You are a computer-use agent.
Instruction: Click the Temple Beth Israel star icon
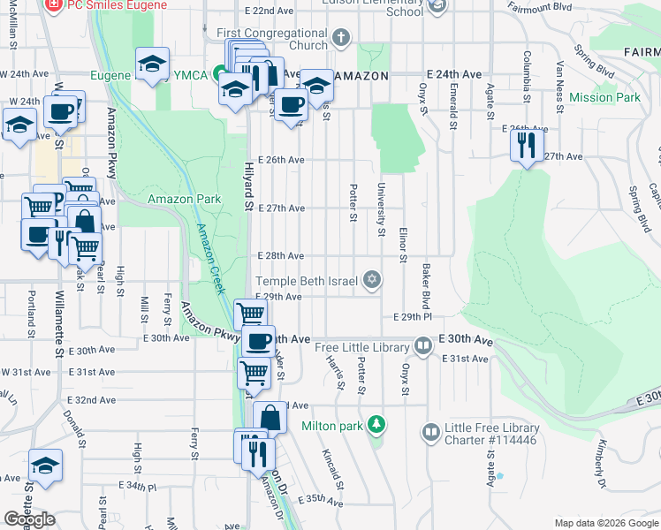coord(372,281)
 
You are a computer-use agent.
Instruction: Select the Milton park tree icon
coord(376,425)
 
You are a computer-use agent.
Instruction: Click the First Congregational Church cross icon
coord(340,39)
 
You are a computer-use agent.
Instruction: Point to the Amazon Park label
coord(184,199)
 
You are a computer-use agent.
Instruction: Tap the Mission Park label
coord(604,97)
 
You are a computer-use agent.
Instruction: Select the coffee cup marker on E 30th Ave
coord(258,341)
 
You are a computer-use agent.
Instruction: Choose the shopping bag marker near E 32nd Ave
coord(270,417)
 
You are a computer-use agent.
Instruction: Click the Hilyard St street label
coord(249,190)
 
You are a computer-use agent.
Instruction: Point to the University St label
coord(382,209)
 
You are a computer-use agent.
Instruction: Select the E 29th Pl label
coord(412,316)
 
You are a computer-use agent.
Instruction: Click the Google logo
coord(30,519)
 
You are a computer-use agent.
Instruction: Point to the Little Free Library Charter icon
coord(431,433)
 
